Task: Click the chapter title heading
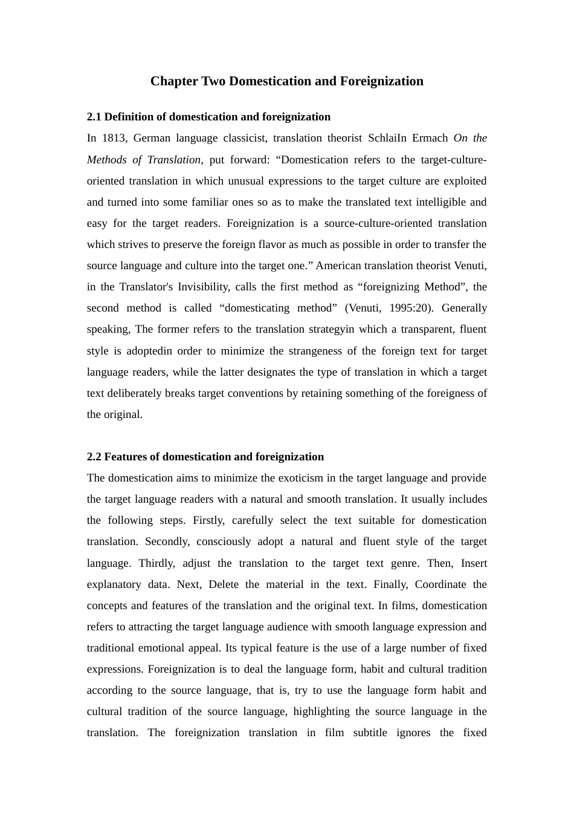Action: coord(286,81)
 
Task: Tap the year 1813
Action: coord(114,138)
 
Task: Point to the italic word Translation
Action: coord(174,160)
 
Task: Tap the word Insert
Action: coord(474,563)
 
